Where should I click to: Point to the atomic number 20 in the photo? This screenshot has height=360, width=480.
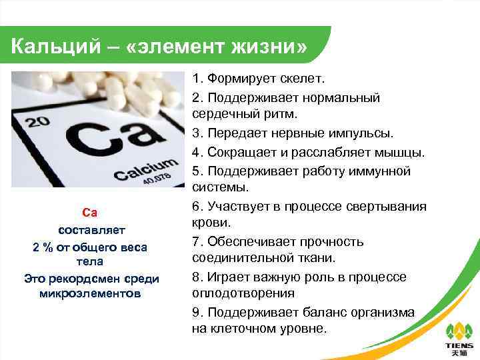39,121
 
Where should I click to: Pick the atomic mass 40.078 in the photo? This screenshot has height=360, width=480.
158,181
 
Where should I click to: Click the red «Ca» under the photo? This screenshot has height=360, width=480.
89,213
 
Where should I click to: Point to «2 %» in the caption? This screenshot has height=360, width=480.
45,247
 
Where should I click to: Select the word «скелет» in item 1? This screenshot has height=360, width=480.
300,79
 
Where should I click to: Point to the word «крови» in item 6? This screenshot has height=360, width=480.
211,223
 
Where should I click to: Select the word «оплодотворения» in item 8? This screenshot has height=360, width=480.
243,293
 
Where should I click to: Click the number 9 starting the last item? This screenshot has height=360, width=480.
196,312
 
